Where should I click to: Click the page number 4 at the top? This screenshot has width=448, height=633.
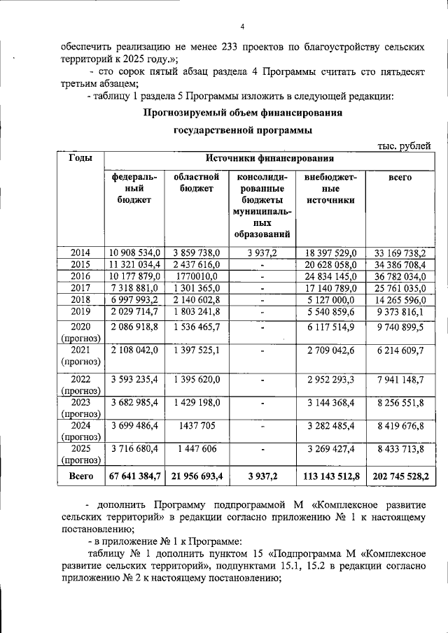(241, 27)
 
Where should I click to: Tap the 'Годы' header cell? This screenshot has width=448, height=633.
(80, 159)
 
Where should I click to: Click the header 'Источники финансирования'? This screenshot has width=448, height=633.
(269, 159)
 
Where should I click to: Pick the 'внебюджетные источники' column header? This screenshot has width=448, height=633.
(330, 189)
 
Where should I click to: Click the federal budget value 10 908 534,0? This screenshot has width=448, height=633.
(135, 253)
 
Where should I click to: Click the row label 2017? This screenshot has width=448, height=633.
(80, 288)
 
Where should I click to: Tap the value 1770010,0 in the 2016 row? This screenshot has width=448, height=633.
(197, 276)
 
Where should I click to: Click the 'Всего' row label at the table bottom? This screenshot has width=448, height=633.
(80, 476)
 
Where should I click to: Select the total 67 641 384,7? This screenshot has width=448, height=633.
(135, 476)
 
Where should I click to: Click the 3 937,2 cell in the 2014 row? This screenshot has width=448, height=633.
(262, 253)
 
